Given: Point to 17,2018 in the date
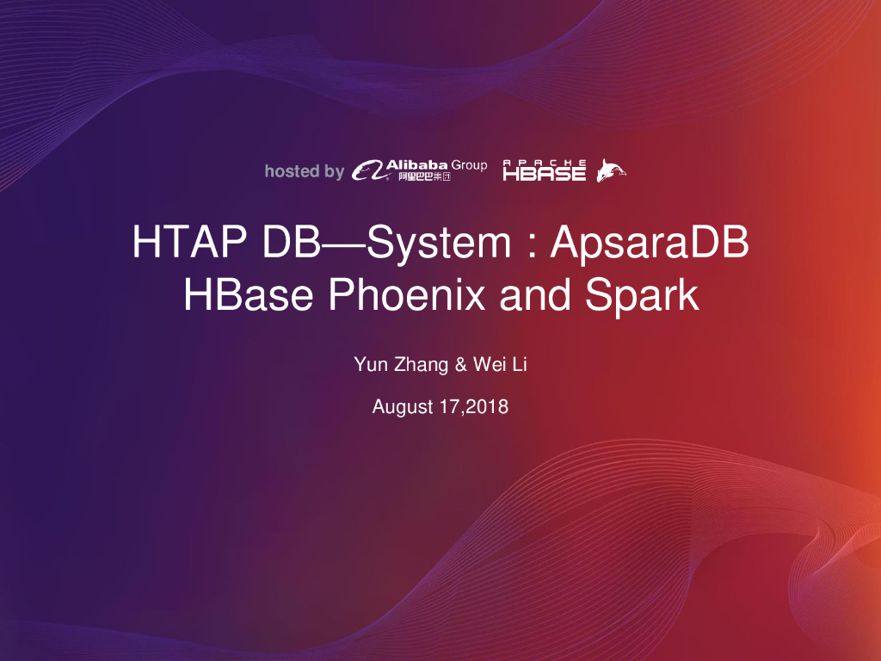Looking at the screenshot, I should click(473, 407).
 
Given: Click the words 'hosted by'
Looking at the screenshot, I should click(304, 171).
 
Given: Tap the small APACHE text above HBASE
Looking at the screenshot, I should click(545, 162).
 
